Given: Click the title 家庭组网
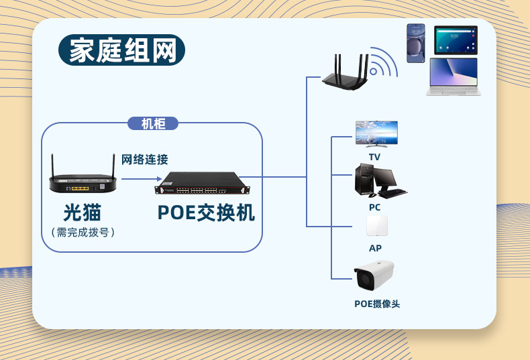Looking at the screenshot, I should tap(122, 51).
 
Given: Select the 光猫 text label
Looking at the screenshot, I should tap(83, 213).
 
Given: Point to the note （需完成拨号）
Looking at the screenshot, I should tap(83, 233).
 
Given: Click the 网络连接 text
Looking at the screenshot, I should tap(144, 160).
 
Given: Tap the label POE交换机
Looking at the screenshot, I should tap(206, 213).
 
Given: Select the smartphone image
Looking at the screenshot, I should tap(416, 43).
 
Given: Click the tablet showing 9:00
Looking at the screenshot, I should tap(456, 40).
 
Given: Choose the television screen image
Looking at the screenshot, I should tap(376, 133).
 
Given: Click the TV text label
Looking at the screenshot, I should tap(374, 157).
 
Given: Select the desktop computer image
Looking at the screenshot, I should tap(378, 182).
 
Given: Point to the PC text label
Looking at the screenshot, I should tap(374, 208).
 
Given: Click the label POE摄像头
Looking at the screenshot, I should tap(376, 304).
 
